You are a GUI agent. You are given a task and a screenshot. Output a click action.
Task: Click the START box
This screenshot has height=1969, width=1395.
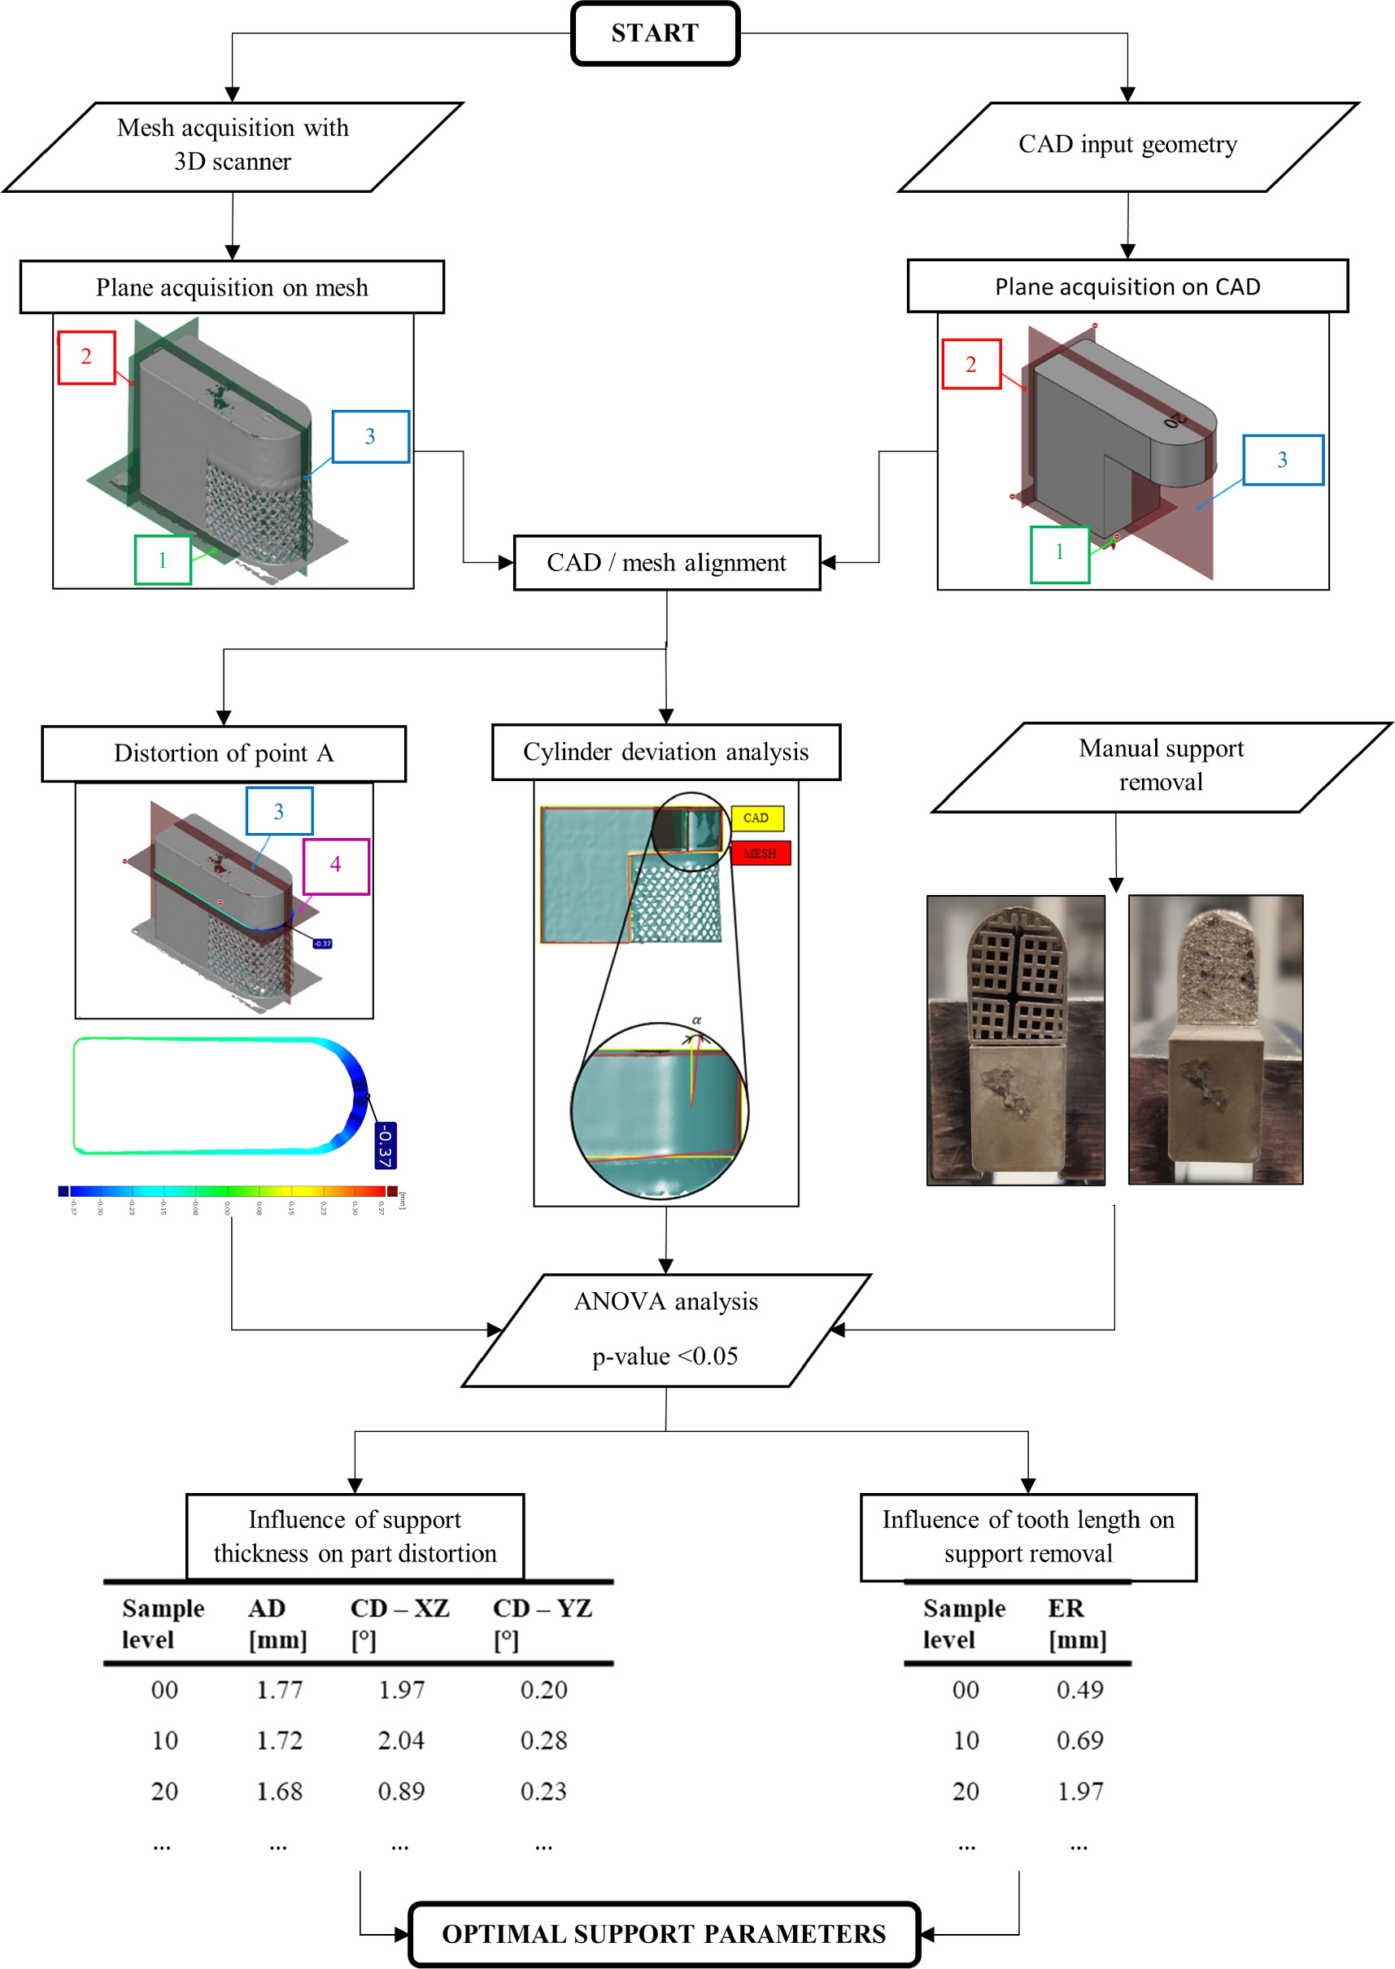(x=655, y=33)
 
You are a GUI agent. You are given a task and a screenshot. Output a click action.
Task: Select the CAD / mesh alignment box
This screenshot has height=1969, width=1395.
(x=666, y=563)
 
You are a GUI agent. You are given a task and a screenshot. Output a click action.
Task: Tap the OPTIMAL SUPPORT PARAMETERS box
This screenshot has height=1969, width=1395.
(x=663, y=1934)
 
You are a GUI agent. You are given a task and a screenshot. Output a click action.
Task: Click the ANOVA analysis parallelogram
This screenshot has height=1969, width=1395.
(x=666, y=1329)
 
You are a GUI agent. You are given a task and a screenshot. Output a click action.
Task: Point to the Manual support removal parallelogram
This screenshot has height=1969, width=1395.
(x=1161, y=766)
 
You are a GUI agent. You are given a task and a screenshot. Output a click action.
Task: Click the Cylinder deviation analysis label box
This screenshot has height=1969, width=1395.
(x=665, y=752)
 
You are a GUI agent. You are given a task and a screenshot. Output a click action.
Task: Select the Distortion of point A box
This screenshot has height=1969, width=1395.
(x=224, y=753)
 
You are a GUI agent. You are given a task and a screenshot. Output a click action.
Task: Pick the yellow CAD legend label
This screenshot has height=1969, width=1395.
(x=756, y=817)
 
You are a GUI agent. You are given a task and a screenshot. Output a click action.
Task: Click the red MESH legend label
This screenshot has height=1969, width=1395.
(x=761, y=853)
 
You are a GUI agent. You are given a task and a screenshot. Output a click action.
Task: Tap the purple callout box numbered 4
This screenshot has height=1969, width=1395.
(x=336, y=865)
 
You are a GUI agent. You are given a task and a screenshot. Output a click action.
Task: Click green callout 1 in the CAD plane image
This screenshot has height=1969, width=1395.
(x=1059, y=553)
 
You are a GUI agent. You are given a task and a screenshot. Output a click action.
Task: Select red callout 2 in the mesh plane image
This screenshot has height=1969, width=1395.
(x=86, y=356)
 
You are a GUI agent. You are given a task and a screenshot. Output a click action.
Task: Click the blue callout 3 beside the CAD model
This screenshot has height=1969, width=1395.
(x=1282, y=460)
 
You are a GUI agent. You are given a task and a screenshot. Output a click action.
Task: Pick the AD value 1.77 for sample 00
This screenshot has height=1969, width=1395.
(x=279, y=1690)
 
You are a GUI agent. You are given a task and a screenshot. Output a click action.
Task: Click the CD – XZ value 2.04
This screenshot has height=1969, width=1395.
(x=401, y=1740)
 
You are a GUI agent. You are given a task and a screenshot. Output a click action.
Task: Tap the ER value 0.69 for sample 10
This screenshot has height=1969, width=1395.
(x=1079, y=1740)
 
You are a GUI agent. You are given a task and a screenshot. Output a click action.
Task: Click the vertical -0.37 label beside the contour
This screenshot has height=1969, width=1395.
(x=385, y=1144)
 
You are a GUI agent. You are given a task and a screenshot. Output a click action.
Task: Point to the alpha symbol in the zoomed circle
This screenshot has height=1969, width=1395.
(x=696, y=1019)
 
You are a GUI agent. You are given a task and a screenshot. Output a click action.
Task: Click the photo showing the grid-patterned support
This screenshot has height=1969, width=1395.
(x=1015, y=1040)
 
